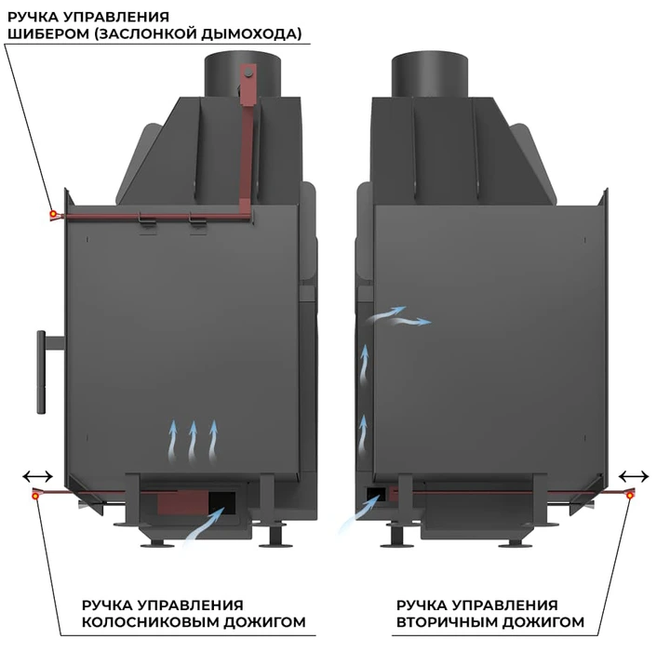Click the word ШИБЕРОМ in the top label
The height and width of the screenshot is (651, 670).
coord(48,33)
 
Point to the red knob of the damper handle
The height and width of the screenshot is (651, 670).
coord(53,214)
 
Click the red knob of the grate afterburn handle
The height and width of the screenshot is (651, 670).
coord(35,496)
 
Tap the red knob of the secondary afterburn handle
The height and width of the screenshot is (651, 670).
coord(630,496)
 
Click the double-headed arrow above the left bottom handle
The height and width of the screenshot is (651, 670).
coord(37,476)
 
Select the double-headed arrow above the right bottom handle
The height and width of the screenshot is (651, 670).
coord(634,476)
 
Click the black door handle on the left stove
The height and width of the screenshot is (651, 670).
coord(42,372)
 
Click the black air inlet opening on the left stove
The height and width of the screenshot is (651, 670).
coord(222,503)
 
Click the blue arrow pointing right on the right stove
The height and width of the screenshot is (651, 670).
coord(411,321)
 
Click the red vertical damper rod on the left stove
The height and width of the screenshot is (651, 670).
coord(247,141)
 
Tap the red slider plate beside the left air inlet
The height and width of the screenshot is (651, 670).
coord(183,503)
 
